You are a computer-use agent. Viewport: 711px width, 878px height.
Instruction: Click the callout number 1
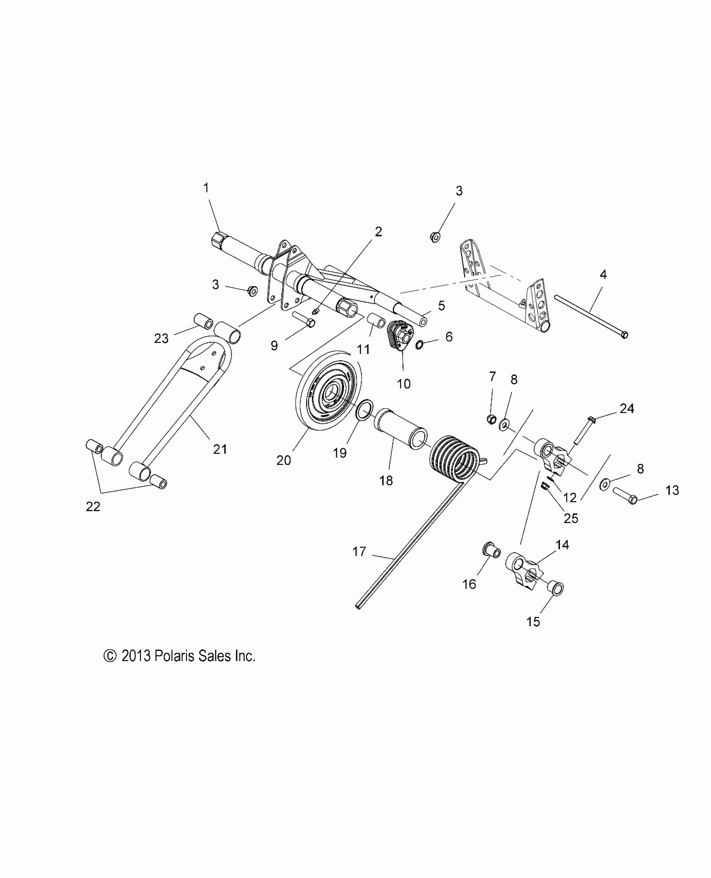pyautogui.click(x=206, y=188)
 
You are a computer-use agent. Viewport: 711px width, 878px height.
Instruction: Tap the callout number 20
pyautogui.click(x=284, y=460)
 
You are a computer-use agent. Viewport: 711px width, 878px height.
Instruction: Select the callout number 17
pyautogui.click(x=359, y=551)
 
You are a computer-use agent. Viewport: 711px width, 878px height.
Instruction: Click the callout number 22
pyautogui.click(x=93, y=507)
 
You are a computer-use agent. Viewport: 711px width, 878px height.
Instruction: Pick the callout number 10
pyautogui.click(x=404, y=383)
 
